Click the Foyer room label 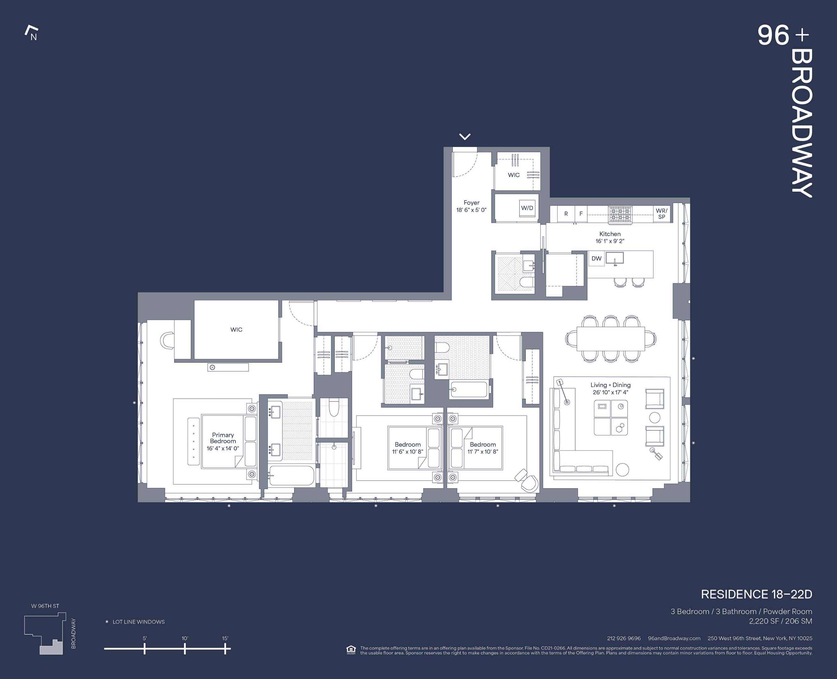click(471, 206)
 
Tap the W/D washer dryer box click(527, 208)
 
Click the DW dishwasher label click(596, 258)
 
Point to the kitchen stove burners click(621, 214)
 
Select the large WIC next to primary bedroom click(236, 329)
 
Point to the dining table click(610, 339)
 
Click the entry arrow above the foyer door click(465, 136)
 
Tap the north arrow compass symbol click(32, 33)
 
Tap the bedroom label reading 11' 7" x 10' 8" click(482, 448)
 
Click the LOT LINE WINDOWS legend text click(138, 621)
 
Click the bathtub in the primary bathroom click(292, 475)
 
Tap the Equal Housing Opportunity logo click(351, 650)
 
